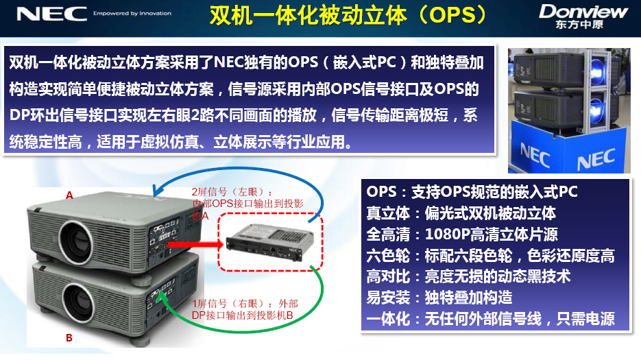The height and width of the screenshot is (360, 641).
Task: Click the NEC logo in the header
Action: (52, 14)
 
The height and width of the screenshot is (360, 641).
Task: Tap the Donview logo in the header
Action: (583, 16)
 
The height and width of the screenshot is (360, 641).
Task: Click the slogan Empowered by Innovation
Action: (132, 14)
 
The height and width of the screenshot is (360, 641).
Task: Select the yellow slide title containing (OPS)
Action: (349, 16)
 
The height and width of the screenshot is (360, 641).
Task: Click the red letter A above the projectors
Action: (69, 195)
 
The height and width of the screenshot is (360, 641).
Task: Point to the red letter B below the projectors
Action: (69, 338)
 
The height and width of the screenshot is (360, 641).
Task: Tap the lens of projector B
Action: (78, 302)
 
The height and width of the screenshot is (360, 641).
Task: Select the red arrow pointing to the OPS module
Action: (195, 244)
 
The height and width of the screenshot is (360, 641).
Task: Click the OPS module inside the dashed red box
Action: (270, 242)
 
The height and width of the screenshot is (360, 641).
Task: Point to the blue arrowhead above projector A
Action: (158, 190)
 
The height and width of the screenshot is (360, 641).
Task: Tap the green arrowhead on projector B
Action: (162, 297)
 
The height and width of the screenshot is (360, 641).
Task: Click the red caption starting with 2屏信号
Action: (247, 204)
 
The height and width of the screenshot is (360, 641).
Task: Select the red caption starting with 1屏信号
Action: (245, 309)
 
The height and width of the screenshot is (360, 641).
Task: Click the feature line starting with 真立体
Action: (461, 213)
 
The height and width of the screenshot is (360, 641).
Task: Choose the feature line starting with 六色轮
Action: (490, 256)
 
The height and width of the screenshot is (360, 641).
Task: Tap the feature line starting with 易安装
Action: (439, 298)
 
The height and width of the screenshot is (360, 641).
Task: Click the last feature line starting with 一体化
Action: (490, 319)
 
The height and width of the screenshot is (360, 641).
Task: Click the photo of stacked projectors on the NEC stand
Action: (569, 110)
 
